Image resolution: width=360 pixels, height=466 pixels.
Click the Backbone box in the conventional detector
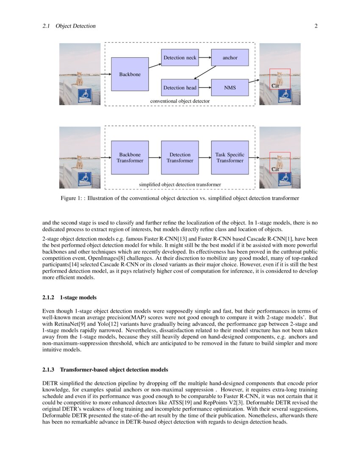point(130,74)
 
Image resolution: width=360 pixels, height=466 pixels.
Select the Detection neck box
point(180,58)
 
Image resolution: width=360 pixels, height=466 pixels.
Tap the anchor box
point(230,58)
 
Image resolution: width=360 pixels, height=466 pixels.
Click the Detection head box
point(180,88)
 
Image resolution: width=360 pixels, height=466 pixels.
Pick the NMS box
point(230,88)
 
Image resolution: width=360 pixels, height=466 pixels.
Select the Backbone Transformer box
point(130,158)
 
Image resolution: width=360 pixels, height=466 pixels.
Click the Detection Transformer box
point(180,158)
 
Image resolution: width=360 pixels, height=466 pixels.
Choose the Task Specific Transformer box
point(230,158)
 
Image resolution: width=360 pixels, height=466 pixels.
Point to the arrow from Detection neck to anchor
point(205,58)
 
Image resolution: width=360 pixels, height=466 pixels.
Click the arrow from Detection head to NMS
point(205,88)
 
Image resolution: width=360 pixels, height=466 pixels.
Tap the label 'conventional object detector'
point(180,102)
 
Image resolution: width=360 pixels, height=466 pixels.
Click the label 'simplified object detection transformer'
point(180,185)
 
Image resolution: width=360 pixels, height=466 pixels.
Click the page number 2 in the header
point(316,26)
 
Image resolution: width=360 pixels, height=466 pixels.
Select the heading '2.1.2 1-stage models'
point(69,297)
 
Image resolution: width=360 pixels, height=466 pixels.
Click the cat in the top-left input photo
point(79,79)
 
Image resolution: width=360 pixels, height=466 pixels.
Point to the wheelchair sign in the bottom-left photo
point(85,179)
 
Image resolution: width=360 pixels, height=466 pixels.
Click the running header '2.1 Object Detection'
point(69,26)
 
